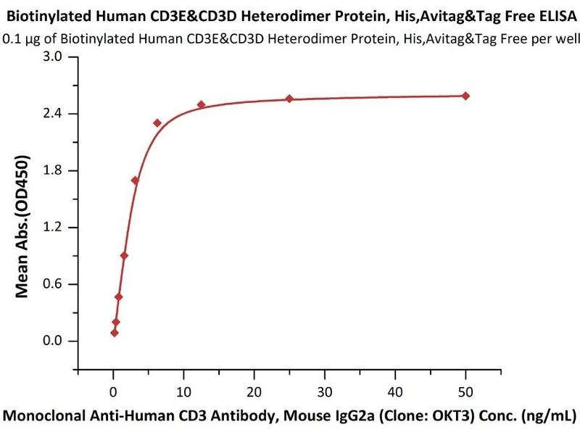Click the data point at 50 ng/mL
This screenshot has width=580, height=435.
tap(465, 96)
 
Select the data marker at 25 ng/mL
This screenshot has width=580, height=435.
tap(289, 99)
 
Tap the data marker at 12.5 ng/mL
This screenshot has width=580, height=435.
tap(202, 104)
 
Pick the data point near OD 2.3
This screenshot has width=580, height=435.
tap(157, 123)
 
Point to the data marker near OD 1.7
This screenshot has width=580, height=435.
tap(136, 180)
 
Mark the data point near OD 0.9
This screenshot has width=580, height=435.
tap(125, 255)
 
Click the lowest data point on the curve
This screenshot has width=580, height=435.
tap(115, 333)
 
